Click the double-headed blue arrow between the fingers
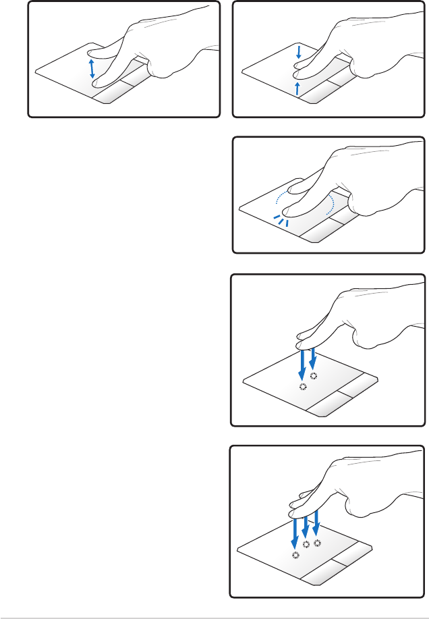click(92, 68)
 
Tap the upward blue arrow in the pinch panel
click(297, 90)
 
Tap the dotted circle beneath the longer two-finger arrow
click(302, 387)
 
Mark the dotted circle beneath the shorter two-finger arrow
click(313, 375)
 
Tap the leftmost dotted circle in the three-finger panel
click(295, 554)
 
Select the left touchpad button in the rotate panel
click(322, 233)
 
